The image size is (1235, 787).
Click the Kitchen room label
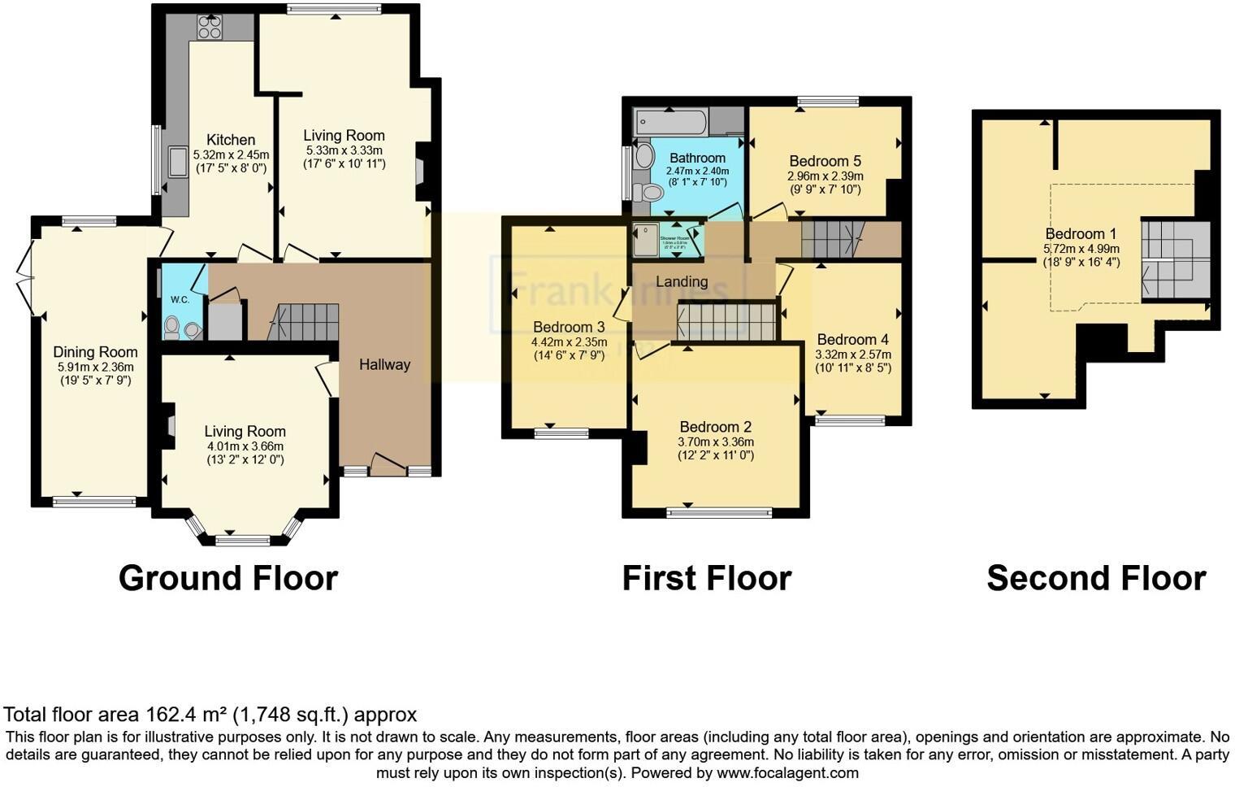(x=231, y=140)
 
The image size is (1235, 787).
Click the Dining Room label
(x=95, y=352)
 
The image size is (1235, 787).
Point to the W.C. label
(x=180, y=300)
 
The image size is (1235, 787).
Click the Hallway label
(x=384, y=364)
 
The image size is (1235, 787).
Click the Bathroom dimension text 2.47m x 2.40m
(x=697, y=172)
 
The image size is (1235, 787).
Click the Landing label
(x=682, y=281)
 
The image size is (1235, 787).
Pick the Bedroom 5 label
(x=825, y=161)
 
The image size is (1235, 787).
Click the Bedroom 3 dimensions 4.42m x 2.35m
(x=569, y=341)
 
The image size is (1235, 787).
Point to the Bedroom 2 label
(x=715, y=427)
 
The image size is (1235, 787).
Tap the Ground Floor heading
(x=227, y=578)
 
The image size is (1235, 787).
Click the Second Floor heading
(x=1095, y=578)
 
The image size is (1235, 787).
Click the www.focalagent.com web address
(x=787, y=772)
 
